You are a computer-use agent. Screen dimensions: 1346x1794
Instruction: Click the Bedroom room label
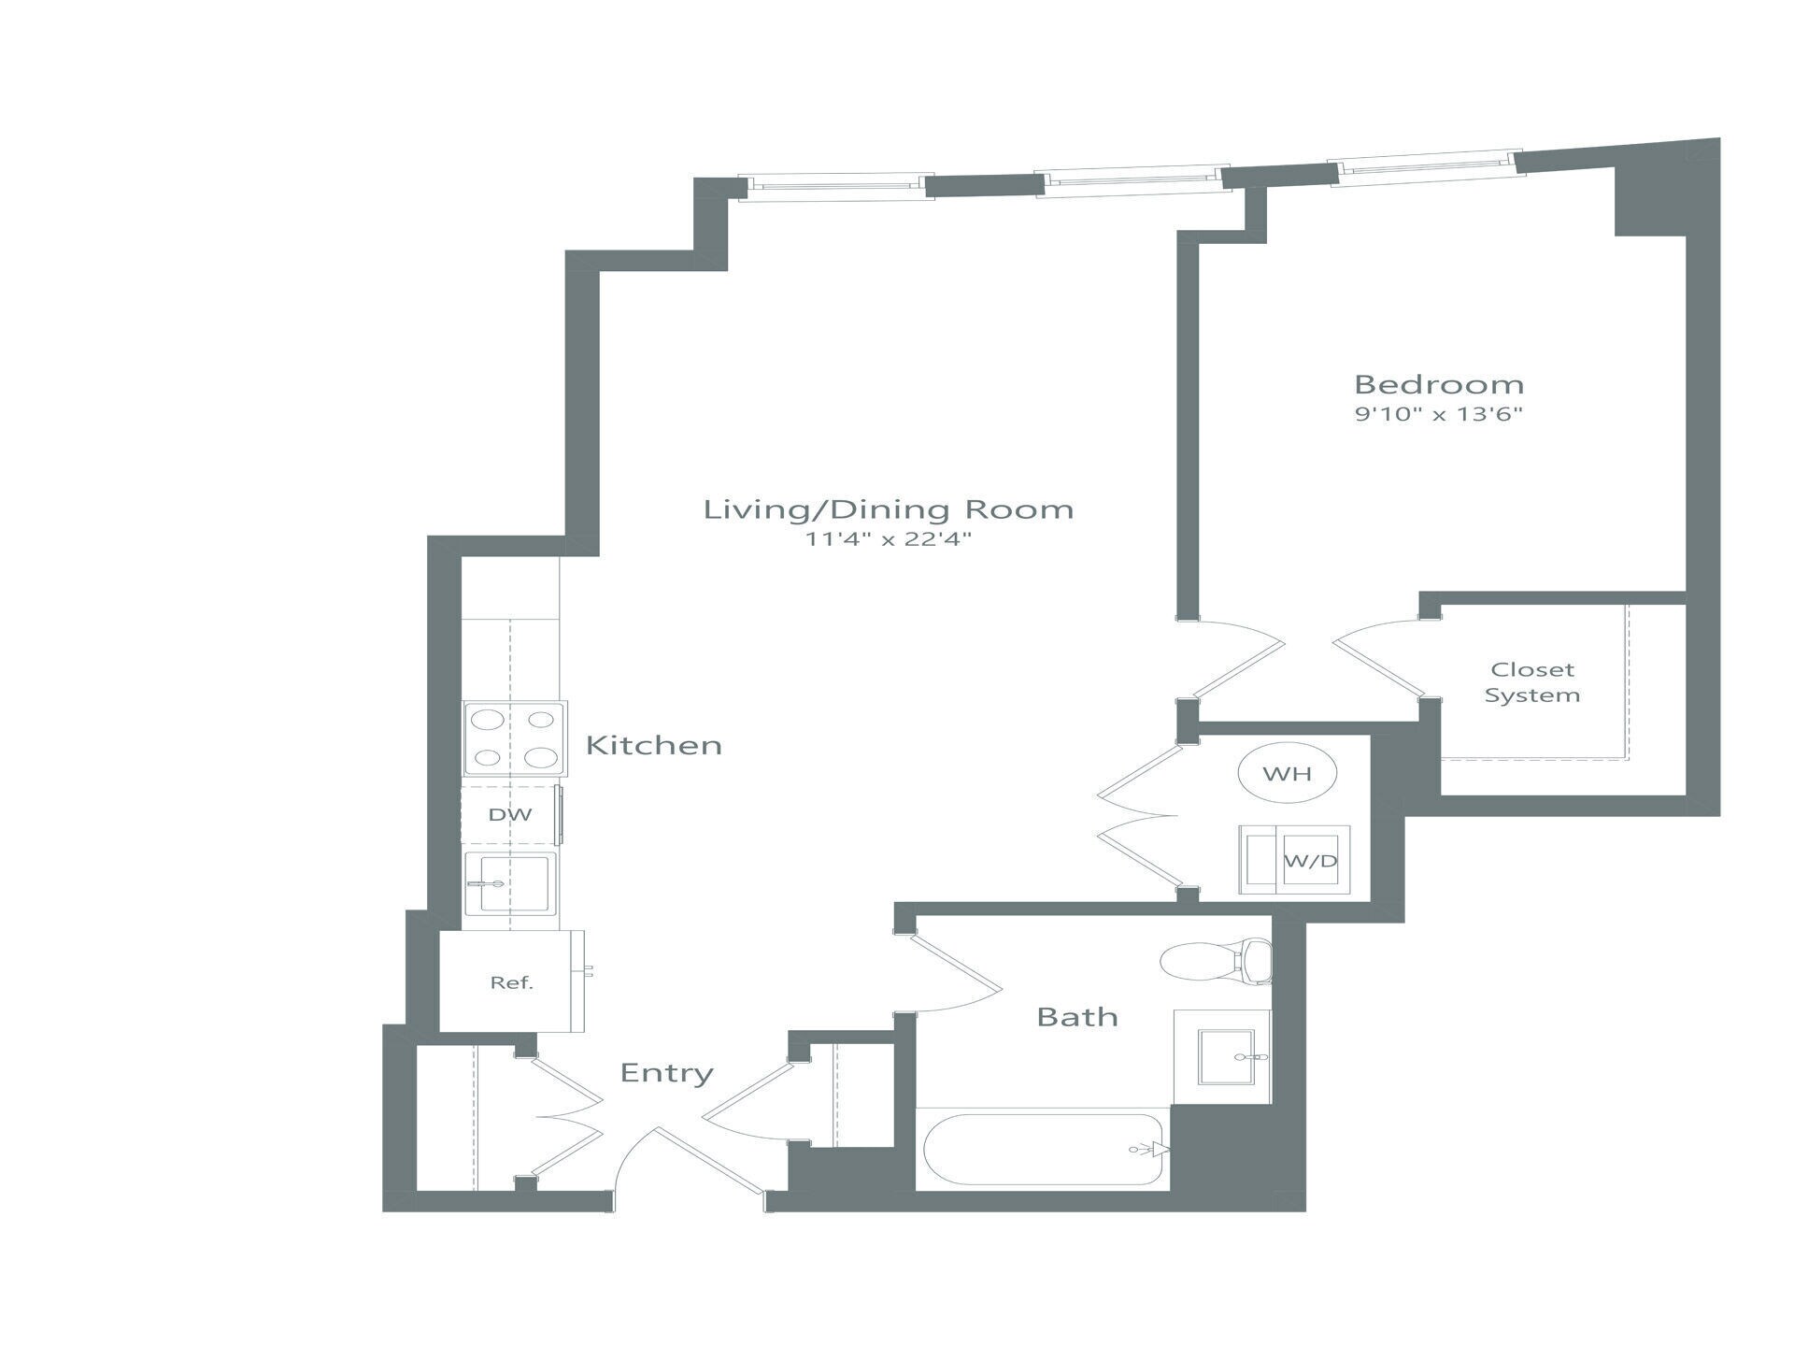point(1438,384)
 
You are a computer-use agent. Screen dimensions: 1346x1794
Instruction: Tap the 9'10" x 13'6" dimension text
point(1438,414)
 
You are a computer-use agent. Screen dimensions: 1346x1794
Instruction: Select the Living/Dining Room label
point(888,509)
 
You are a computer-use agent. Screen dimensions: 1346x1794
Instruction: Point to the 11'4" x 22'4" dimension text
point(888,539)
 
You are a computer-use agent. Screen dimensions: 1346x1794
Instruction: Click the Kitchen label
point(653,745)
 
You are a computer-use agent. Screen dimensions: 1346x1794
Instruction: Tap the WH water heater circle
point(1287,773)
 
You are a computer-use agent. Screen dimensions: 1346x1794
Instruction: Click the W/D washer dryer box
point(1295,860)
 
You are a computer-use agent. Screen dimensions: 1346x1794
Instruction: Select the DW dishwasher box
point(510,814)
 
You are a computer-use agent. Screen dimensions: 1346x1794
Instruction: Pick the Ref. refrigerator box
point(511,981)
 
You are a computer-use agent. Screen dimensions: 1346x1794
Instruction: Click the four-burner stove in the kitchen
point(514,738)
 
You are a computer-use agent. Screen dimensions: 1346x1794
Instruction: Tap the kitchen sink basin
point(510,883)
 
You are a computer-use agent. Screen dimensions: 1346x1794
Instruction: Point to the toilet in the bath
point(1215,962)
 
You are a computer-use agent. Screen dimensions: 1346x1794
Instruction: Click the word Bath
point(1076,1017)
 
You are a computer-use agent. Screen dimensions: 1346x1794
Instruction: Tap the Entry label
point(666,1073)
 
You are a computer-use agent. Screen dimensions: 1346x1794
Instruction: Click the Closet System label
point(1531,682)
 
